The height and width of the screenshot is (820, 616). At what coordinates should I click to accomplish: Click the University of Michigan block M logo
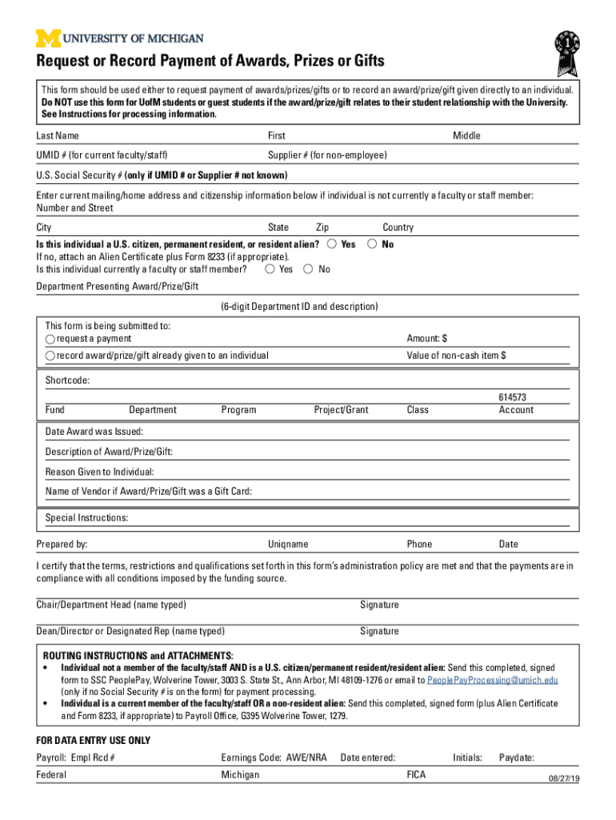pyautogui.click(x=47, y=38)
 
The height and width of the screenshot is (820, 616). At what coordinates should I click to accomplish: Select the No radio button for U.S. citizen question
pyautogui.click(x=372, y=243)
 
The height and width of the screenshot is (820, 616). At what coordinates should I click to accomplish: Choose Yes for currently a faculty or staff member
pyautogui.click(x=270, y=269)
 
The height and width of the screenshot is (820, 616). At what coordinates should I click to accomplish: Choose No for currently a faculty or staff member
pyautogui.click(x=309, y=269)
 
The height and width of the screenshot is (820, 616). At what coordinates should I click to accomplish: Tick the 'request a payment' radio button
pyautogui.click(x=50, y=340)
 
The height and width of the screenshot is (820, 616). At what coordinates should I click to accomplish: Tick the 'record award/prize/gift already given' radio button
pyautogui.click(x=50, y=356)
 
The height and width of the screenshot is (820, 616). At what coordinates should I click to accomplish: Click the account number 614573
pyautogui.click(x=512, y=397)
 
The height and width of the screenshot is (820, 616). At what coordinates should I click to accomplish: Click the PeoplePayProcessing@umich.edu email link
pyautogui.click(x=493, y=680)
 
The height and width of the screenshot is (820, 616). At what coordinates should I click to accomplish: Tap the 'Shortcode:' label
pyautogui.click(x=67, y=380)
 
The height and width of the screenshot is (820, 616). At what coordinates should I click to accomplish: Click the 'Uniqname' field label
pyautogui.click(x=288, y=544)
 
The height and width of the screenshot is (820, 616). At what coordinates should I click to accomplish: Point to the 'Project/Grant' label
pyautogui.click(x=341, y=410)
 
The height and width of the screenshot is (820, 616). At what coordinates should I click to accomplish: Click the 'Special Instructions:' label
pyautogui.click(x=86, y=518)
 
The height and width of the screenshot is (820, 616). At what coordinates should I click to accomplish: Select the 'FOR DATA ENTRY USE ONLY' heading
pyautogui.click(x=93, y=740)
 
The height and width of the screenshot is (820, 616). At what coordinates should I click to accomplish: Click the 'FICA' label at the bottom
pyautogui.click(x=416, y=774)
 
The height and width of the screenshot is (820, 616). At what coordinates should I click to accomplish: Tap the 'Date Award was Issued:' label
pyautogui.click(x=83, y=432)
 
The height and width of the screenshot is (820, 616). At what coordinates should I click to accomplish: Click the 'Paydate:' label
pyautogui.click(x=517, y=758)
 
